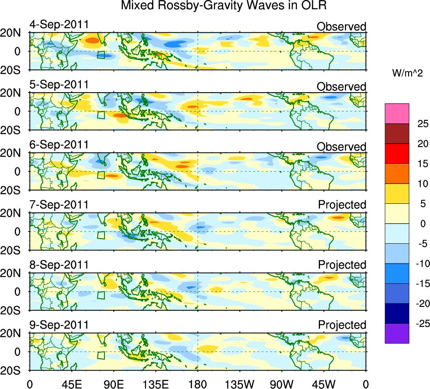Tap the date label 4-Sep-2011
click(x=59, y=24)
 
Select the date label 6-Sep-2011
click(x=59, y=144)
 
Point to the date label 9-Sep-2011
click(x=59, y=325)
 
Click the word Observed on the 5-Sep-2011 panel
click(x=342, y=87)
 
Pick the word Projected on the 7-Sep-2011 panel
click(x=342, y=205)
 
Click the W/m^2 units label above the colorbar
click(x=407, y=73)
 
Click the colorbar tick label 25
click(x=422, y=124)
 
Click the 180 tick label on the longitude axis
click(x=198, y=384)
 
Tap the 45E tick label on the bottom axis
click(x=71, y=384)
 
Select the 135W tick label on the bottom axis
click(x=240, y=384)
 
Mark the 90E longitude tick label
click(x=113, y=384)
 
